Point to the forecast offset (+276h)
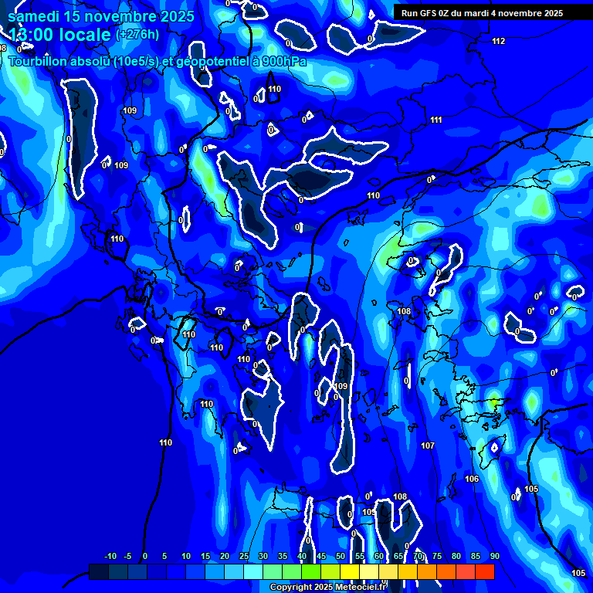pos(137,35)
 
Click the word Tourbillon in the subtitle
pos(39,61)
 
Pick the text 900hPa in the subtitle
pos(281,61)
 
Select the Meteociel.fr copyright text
pos(328,588)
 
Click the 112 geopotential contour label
pos(498,41)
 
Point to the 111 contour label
pos(436,120)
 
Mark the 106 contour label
pos(472,479)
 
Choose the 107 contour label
pos(428,446)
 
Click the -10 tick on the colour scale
pos(110,557)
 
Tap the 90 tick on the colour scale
pos(494,557)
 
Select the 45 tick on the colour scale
pos(321,557)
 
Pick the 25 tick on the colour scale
pos(244,557)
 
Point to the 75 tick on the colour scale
pos(437,557)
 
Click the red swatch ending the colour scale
pos(485,571)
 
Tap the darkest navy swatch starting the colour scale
pos(99,571)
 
